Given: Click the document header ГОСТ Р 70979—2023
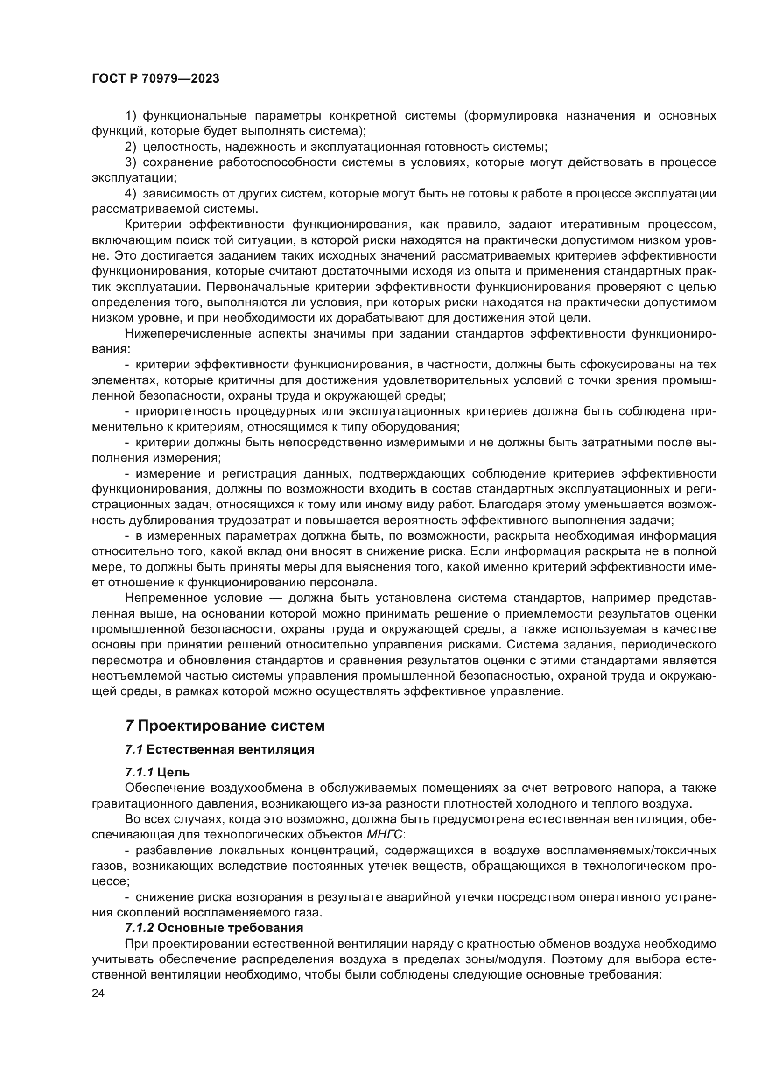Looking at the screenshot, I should [x=155, y=79].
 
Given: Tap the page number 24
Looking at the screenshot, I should [x=98, y=993].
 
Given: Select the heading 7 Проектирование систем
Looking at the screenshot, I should [x=225, y=726].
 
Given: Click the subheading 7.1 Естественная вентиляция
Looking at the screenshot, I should [x=220, y=750].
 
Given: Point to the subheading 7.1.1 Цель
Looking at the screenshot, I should [x=157, y=772].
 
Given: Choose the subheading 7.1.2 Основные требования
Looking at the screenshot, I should [x=214, y=928].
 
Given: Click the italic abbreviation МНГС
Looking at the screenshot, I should [x=385, y=834].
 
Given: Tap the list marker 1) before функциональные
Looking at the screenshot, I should [x=131, y=116].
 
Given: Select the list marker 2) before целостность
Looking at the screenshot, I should [x=131, y=147].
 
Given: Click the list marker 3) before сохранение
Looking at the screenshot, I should [x=131, y=162].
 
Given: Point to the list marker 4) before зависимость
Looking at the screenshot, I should [x=131, y=194].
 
